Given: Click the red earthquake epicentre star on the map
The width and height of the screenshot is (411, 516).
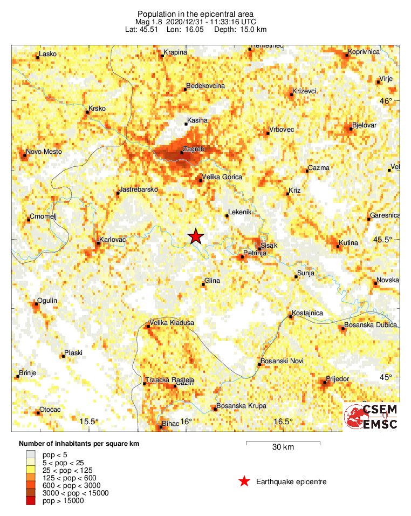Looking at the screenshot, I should pyautogui.click(x=196, y=236).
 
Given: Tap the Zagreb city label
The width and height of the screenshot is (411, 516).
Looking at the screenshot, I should pyautogui.click(x=193, y=148).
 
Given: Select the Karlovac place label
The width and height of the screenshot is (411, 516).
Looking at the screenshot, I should pyautogui.click(x=113, y=239).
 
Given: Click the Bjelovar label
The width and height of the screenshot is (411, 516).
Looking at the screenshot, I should pyautogui.click(x=364, y=125).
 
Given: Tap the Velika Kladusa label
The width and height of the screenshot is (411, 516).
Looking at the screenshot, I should pyautogui.click(x=172, y=323).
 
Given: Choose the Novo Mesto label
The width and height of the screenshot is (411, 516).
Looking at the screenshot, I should pyautogui.click(x=44, y=152).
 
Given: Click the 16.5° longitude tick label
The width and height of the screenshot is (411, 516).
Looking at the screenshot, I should pyautogui.click(x=283, y=422).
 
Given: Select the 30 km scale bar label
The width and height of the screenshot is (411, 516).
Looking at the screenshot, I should pyautogui.click(x=283, y=447).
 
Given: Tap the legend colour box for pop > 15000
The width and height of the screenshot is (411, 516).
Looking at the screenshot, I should pyautogui.click(x=32, y=501).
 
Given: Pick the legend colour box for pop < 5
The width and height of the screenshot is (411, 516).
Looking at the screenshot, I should pyautogui.click(x=32, y=456).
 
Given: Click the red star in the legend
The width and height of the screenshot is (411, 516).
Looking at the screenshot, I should pyautogui.click(x=244, y=481).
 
